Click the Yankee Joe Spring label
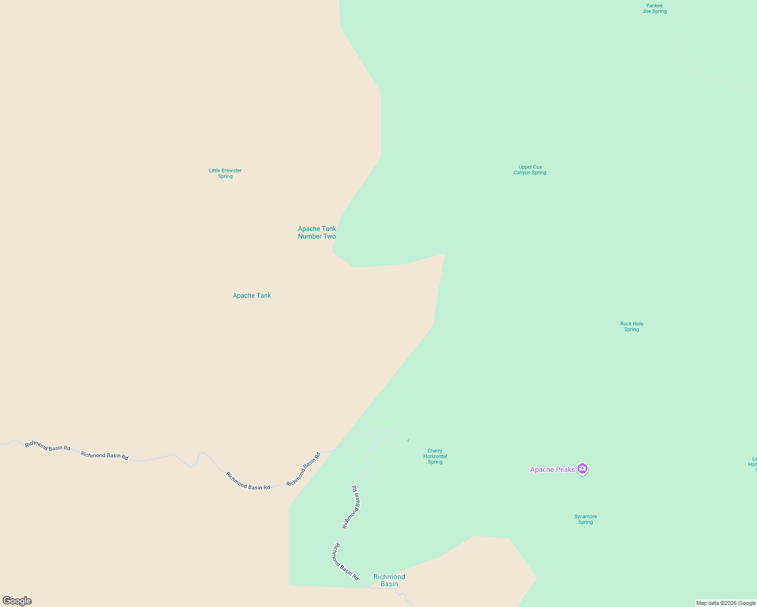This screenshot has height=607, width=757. (x=654, y=9)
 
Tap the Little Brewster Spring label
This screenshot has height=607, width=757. (x=225, y=174)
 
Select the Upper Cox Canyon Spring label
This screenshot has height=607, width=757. (x=530, y=170)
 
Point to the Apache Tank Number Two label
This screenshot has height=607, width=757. (x=317, y=233)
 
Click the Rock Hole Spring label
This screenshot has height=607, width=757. (x=632, y=327)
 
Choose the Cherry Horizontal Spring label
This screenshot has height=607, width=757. (x=435, y=456)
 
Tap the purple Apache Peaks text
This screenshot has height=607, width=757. (x=552, y=470)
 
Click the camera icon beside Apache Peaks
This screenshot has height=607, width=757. (x=582, y=469)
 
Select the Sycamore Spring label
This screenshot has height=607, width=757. (x=585, y=519)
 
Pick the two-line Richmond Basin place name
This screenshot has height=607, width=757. (x=389, y=580)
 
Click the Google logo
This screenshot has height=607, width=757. (x=17, y=601)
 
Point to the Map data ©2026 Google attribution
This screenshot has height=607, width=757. (x=726, y=603)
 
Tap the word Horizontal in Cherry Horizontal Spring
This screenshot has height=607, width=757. (x=435, y=456)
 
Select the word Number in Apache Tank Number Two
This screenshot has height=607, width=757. (x=310, y=237)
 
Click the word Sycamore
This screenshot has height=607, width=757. (x=585, y=517)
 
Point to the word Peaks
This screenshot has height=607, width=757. (x=565, y=470)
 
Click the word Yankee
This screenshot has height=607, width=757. (x=654, y=6)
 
